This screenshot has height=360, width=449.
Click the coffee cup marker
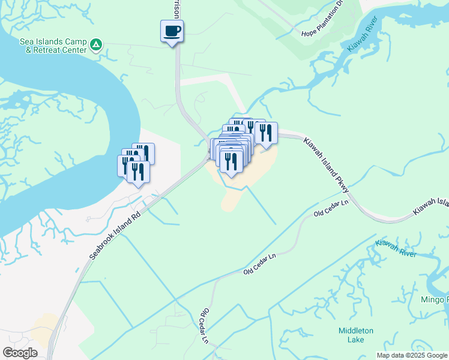(172, 31)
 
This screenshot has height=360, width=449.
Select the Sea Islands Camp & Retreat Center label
(53, 46)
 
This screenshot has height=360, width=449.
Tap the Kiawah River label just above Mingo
(396, 249)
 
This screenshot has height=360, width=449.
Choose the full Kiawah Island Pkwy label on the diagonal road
(326, 166)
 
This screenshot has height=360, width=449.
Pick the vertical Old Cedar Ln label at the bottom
(204, 326)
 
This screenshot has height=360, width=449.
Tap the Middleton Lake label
(355, 335)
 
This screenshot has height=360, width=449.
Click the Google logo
(20, 353)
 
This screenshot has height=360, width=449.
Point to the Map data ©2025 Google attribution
(412, 355)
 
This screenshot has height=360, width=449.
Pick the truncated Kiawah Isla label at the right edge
(430, 208)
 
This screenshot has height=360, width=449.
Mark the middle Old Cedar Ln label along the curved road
(260, 265)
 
